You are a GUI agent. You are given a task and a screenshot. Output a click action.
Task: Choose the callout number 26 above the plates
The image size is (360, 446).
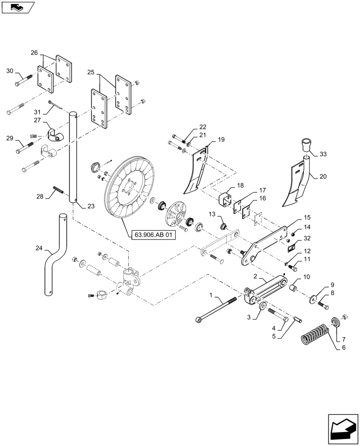tap(34, 53)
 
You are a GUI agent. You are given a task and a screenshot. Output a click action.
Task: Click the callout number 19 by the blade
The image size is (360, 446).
tap(221, 140)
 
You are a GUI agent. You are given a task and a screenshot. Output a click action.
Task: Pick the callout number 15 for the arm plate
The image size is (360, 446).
tap(307, 218)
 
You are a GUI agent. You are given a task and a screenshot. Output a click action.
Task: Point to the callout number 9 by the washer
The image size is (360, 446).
tap(332, 285)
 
